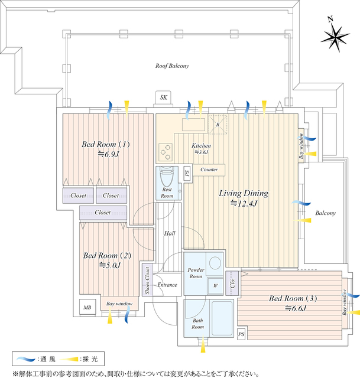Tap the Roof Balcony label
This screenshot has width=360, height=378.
pos(172,66)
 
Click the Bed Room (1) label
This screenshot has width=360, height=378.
pos(105,144)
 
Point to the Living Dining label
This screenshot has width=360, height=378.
pos(244,193)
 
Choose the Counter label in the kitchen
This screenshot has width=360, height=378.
pos(209,170)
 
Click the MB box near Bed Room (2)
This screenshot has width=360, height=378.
pos(87,307)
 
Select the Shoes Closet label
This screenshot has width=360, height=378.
pos(147,281)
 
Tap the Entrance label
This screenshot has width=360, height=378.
pos(167,285)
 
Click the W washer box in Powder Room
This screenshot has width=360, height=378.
pos(215,286)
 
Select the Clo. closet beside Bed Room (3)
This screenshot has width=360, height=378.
pos(232,281)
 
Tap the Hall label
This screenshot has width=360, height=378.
pos(170,233)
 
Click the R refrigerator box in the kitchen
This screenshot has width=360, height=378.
pos(218,125)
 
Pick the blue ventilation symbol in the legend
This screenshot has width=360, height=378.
pos(25,359)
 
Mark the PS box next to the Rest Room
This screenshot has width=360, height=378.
pos(187,174)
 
